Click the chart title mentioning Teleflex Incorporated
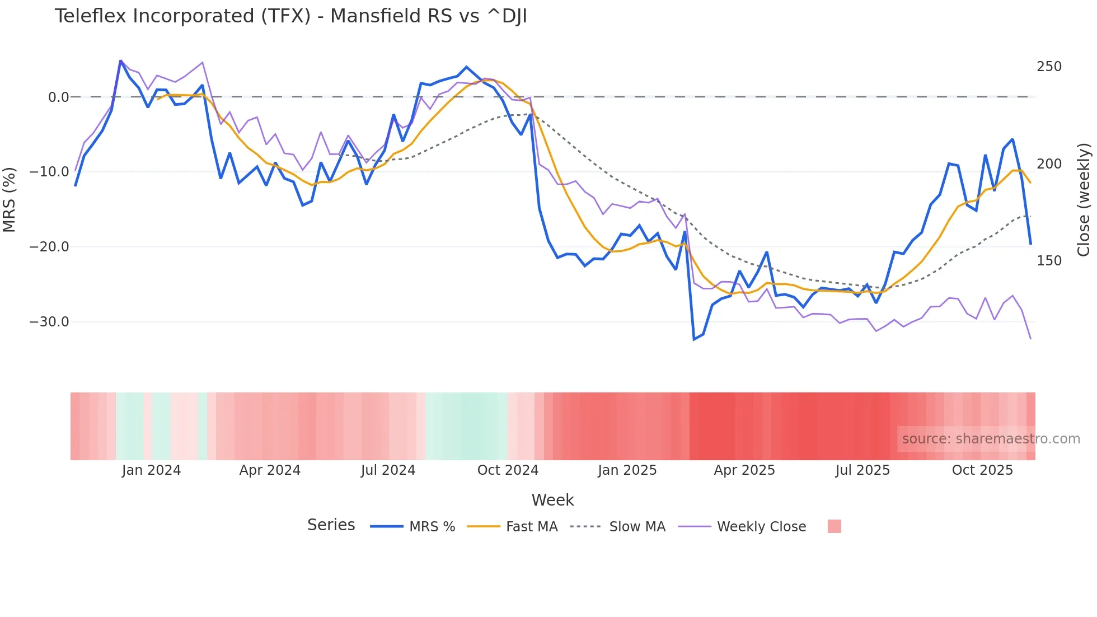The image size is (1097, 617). coord(290,16)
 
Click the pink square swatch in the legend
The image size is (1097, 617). coord(834,526)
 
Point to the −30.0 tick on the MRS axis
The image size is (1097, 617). coord(49,322)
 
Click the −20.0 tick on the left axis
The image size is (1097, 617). coord(49,247)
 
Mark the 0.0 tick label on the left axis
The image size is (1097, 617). coord(58,97)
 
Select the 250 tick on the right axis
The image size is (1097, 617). coord(1049,67)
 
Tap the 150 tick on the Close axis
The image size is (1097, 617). coord(1049,261)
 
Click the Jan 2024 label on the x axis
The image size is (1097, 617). coord(151,470)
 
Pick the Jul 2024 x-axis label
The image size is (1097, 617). coord(388,470)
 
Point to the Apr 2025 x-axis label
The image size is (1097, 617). coord(744,470)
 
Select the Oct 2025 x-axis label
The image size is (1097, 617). coord(982,470)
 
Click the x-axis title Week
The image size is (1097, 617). coord(552,500)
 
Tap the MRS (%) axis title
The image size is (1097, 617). coord(10,199)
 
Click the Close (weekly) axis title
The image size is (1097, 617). coord(1084,199)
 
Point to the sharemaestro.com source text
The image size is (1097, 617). coord(991,439)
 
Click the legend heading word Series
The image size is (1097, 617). coord(331,525)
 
